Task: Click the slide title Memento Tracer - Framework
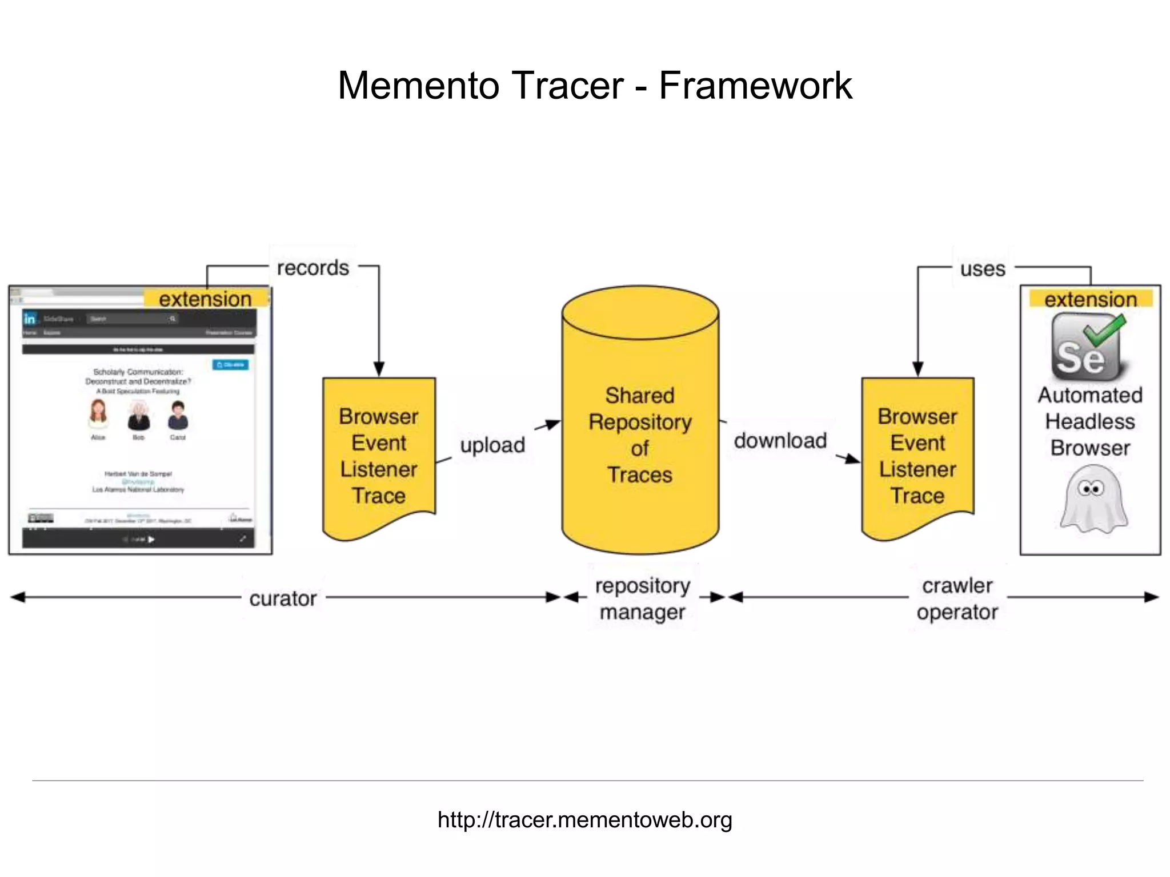[595, 86]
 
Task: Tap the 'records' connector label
[312, 268]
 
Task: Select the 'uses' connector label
[982, 268]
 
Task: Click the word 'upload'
[492, 445]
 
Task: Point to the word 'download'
[780, 440]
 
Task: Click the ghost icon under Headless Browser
[1093, 499]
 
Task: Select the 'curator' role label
[283, 598]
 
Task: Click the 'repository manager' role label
[642, 598]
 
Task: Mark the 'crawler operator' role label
[957, 598]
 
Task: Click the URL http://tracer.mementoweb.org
[584, 819]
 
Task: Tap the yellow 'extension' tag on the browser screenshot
[205, 299]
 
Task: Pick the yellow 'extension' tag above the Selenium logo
[1091, 299]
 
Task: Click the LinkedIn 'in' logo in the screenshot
[30, 319]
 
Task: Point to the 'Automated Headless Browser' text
[1090, 421]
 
